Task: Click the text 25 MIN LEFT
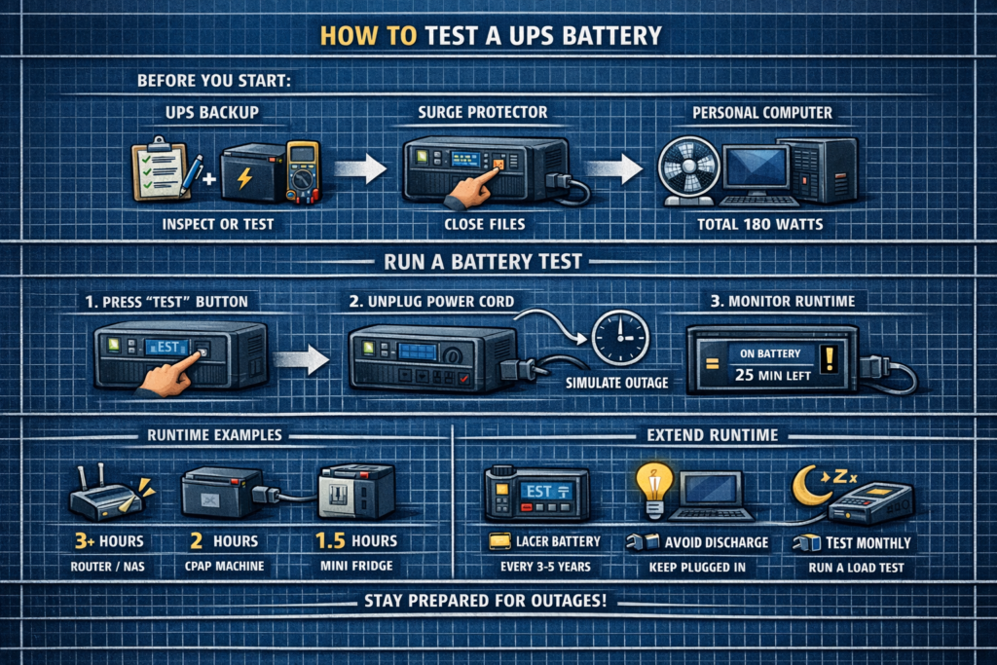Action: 768,374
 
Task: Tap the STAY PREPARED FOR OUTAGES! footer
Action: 498,602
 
